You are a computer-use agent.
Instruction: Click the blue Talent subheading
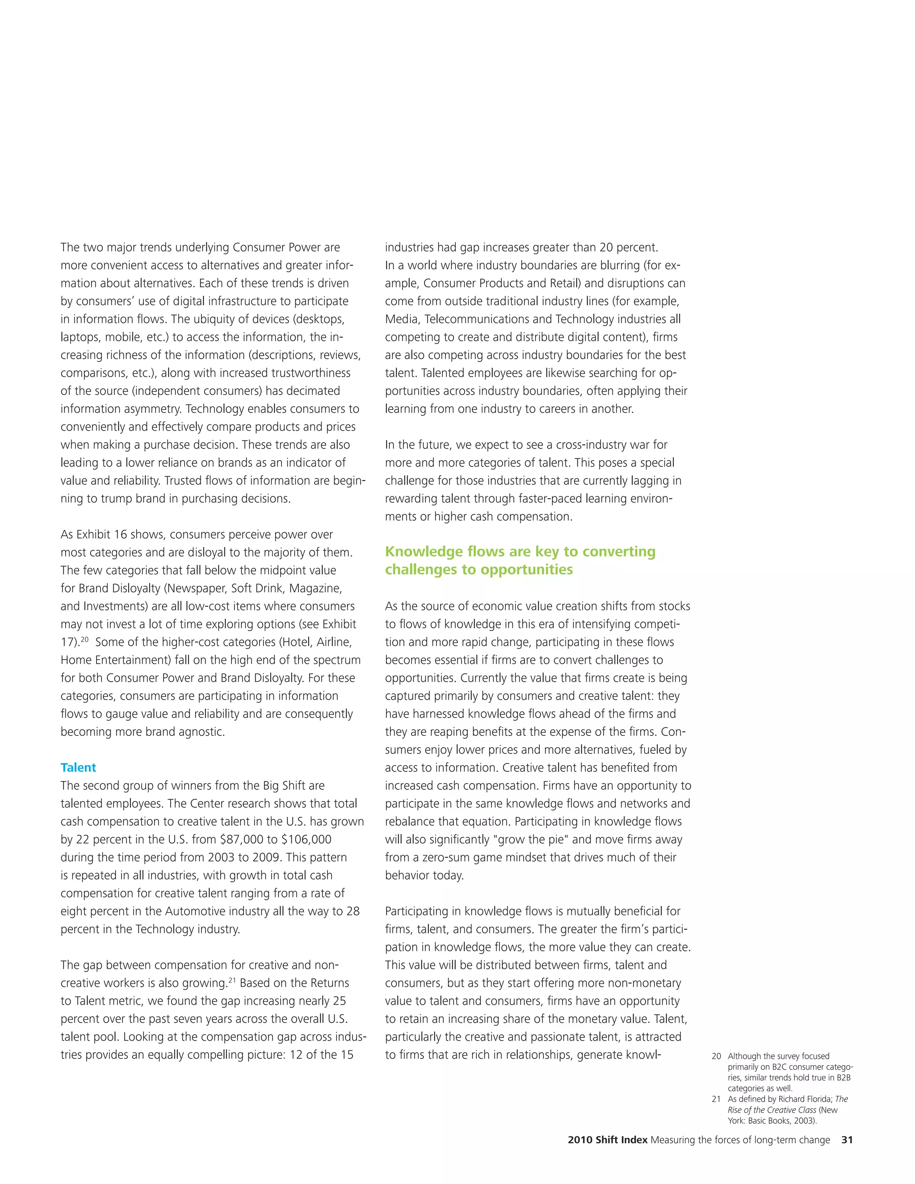[78, 768]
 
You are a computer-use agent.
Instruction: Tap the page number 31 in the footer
[847, 1140]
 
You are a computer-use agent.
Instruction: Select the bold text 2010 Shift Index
[607, 1140]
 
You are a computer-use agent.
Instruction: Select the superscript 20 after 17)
[84, 639]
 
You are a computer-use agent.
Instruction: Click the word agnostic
[199, 732]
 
